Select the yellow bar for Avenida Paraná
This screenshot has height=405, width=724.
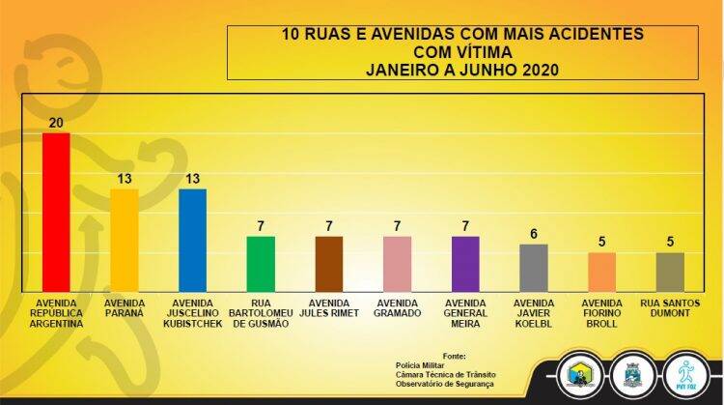(124, 240)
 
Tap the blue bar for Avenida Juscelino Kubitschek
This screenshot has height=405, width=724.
(193, 240)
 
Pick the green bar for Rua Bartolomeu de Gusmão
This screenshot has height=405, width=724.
(261, 264)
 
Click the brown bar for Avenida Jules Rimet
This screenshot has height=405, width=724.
(329, 264)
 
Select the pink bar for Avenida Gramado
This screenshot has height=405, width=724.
(397, 264)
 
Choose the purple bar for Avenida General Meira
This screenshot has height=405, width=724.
(465, 264)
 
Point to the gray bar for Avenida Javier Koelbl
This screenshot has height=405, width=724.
(534, 268)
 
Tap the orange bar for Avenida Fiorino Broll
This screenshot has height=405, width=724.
(601, 272)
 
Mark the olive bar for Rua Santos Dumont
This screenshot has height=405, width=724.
(670, 272)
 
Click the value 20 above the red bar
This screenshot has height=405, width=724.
(56, 123)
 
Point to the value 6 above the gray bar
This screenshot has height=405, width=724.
(534, 234)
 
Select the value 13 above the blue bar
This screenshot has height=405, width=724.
(193, 179)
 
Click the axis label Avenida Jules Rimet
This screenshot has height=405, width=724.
(329, 307)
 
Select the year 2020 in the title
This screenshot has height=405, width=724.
(538, 70)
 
